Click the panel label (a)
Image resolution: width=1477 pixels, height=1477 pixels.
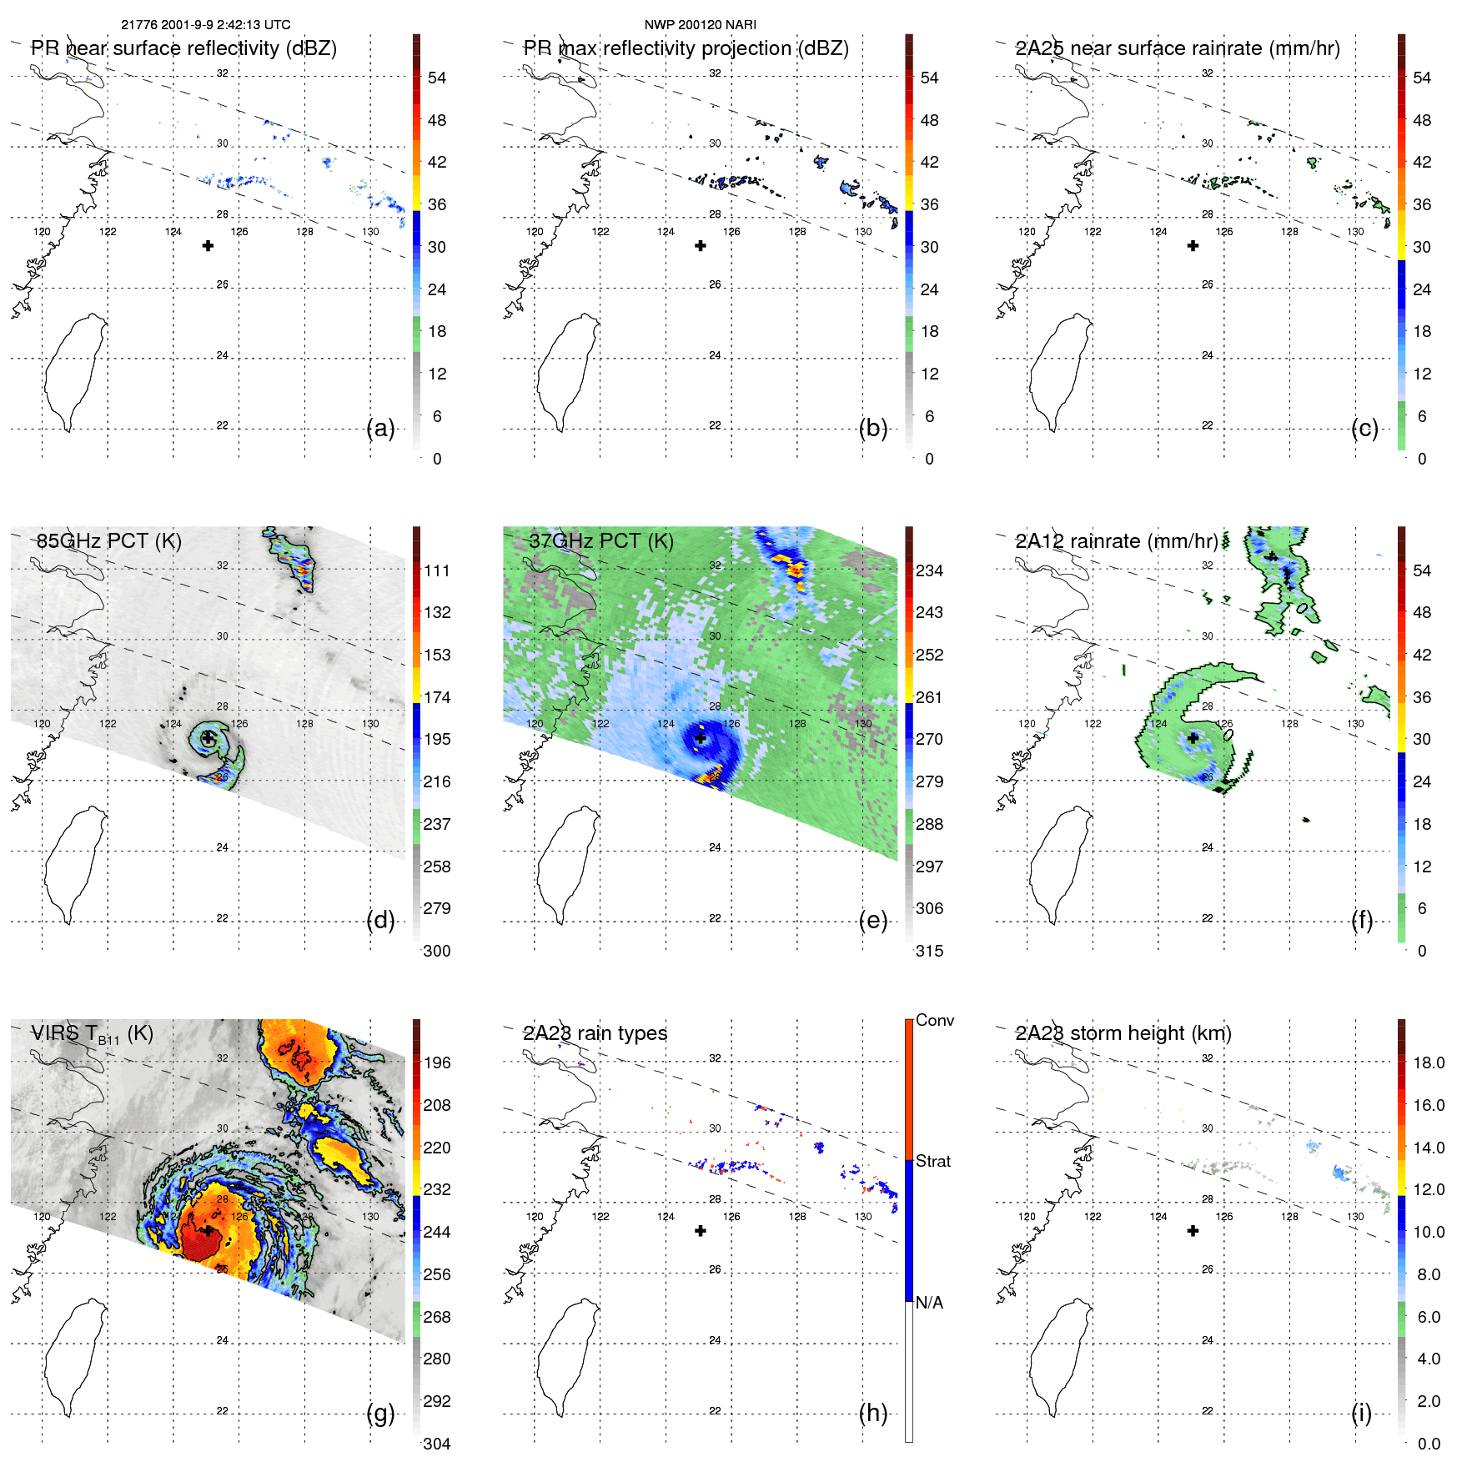pos(380,429)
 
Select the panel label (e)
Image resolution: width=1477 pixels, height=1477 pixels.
pos(873,921)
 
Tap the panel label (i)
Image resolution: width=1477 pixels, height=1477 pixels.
pos(1361,1414)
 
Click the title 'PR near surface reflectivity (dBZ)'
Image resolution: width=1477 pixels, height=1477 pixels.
pos(184,48)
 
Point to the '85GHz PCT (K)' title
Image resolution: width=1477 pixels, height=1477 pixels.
pos(108,541)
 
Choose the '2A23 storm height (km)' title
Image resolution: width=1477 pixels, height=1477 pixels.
pos(1123,1033)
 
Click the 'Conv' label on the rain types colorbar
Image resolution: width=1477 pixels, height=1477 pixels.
pos(934,1021)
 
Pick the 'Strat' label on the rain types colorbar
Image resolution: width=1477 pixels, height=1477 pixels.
pos(932,1162)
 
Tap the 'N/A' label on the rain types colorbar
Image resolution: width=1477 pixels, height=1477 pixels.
pos(929,1303)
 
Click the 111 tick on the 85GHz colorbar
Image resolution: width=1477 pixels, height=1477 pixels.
pos(437,571)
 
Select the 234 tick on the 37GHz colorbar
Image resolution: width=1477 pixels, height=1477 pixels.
pos(929,571)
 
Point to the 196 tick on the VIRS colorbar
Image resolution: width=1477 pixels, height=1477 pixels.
pos(437,1063)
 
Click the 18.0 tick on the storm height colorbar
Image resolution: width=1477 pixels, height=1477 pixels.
pos(1429,1063)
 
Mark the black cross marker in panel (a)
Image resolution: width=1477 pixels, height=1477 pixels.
pos(208,246)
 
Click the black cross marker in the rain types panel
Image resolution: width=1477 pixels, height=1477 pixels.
pos(701,1231)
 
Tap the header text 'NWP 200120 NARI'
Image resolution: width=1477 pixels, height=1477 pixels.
pos(701,25)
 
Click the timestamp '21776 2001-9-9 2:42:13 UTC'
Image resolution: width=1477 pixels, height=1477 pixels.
pos(206,25)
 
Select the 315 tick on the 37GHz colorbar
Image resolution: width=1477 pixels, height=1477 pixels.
pos(929,952)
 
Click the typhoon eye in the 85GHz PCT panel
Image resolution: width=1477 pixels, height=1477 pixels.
pos(208,738)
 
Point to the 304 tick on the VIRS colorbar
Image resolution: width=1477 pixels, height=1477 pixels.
pos(437,1444)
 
